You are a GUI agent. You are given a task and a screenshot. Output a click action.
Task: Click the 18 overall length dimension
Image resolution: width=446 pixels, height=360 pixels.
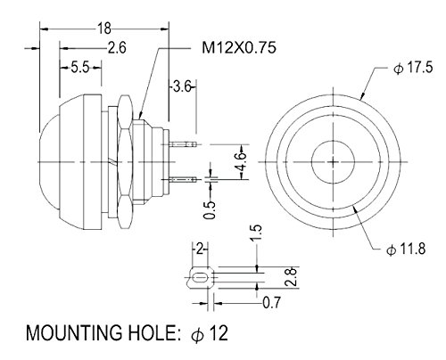(x=104, y=29)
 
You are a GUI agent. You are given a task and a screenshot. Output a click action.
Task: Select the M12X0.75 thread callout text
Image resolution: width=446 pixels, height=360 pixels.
(x=239, y=47)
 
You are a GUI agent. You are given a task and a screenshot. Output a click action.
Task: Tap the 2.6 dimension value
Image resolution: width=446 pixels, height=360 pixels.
(x=117, y=48)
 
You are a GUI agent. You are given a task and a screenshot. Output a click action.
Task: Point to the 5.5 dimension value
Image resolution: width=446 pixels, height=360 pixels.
(x=80, y=68)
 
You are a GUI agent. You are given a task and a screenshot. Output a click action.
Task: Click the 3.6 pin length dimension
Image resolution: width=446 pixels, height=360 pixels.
(x=182, y=87)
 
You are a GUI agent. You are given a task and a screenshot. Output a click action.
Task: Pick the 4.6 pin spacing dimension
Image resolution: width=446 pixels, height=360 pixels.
(x=241, y=161)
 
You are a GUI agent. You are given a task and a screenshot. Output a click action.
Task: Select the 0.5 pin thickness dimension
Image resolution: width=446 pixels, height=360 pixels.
(x=210, y=210)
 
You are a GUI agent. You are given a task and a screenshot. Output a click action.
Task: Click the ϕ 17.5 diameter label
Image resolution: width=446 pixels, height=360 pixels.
(x=413, y=68)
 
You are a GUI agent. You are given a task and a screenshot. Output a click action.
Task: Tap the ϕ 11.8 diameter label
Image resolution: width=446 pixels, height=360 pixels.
(x=406, y=249)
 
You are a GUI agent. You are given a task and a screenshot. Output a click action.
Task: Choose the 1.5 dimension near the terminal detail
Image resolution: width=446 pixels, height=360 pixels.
(x=256, y=233)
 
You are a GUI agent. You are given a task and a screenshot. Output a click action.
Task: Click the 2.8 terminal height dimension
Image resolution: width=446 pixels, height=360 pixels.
(x=291, y=276)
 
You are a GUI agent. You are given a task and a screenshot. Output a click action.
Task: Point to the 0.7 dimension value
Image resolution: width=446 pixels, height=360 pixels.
(x=271, y=303)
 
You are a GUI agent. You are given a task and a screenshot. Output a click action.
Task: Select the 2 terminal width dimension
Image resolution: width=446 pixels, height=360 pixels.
(x=200, y=250)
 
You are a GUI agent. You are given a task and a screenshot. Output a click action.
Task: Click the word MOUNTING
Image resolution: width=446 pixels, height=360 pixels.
(x=74, y=332)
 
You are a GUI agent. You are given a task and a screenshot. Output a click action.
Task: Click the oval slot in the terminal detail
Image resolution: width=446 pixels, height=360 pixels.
(x=200, y=279)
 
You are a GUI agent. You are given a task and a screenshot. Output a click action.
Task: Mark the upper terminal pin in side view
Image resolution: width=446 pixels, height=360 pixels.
(x=183, y=144)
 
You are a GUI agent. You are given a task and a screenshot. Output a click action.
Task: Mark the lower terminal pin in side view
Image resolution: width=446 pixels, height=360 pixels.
(x=183, y=179)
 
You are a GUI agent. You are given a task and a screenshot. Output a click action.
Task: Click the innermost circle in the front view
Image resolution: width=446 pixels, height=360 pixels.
(x=334, y=162)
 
